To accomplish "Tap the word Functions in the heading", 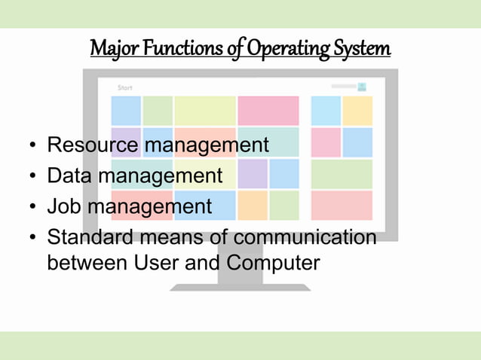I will (x=179, y=48).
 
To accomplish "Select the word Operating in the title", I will (x=283, y=48).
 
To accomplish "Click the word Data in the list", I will (x=70, y=175).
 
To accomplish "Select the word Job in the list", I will (x=65, y=206).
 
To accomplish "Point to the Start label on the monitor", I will (x=125, y=88).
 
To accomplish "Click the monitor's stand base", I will (x=240, y=287).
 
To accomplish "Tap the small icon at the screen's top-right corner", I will (x=362, y=87).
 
